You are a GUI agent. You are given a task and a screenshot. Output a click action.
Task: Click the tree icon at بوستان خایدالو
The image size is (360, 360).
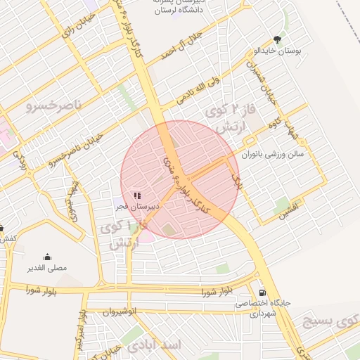[280, 39]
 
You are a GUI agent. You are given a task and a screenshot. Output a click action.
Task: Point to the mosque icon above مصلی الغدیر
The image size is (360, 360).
[47, 257]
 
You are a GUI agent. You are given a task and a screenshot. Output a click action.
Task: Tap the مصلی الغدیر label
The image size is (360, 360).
[46, 268]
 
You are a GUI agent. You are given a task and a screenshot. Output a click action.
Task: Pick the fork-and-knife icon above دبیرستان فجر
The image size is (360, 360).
[137, 195]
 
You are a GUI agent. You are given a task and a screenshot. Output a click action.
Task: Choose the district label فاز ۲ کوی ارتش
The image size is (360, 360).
[226, 119]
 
